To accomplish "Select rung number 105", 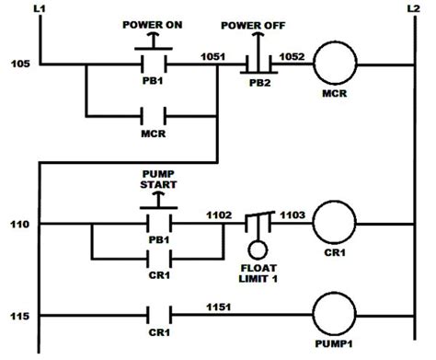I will (x=17, y=64).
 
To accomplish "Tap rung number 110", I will (x=17, y=224).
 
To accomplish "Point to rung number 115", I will (x=17, y=316).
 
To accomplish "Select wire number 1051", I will (x=212, y=55).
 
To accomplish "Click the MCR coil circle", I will (x=338, y=64).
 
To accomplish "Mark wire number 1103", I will (x=293, y=214).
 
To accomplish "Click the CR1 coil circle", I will (x=337, y=224).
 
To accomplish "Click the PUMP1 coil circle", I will (x=337, y=316).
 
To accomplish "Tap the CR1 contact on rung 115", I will (x=153, y=316).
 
